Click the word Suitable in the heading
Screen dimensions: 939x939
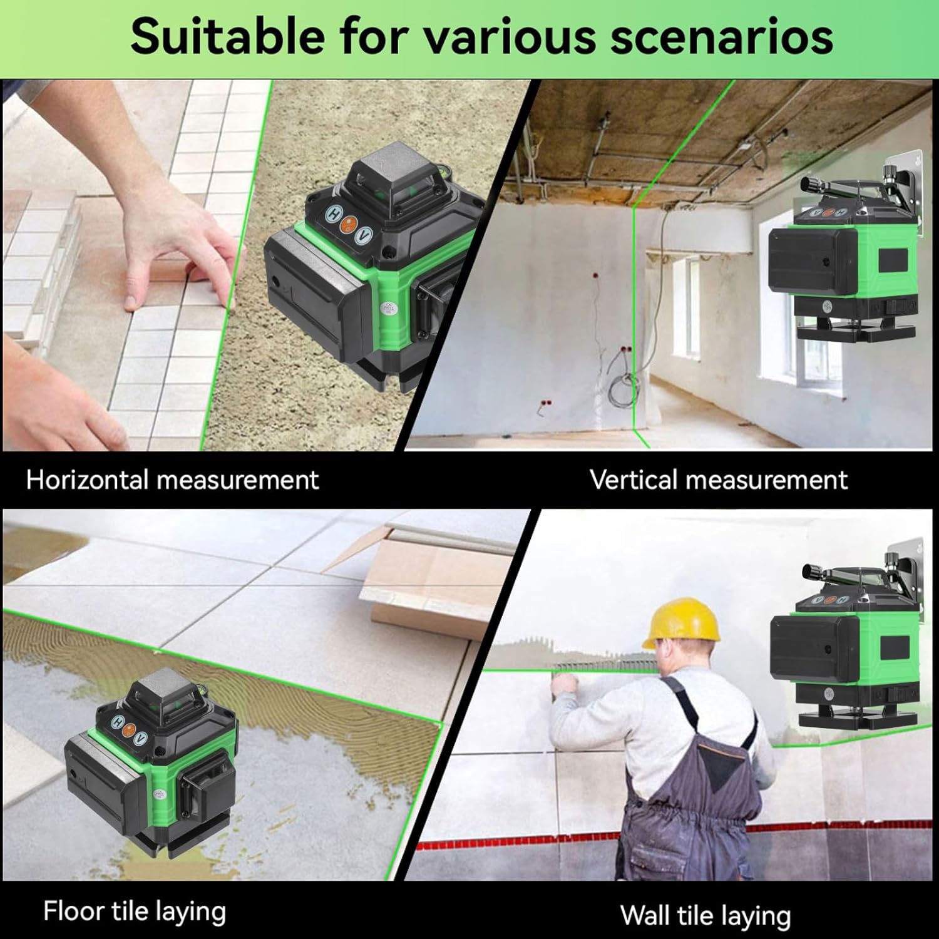pos(228,36)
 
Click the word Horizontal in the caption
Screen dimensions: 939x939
pos(87,480)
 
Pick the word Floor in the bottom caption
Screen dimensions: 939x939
pos(72,911)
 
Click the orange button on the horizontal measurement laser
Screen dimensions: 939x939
pos(348,225)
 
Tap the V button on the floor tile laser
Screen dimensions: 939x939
pos(140,738)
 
